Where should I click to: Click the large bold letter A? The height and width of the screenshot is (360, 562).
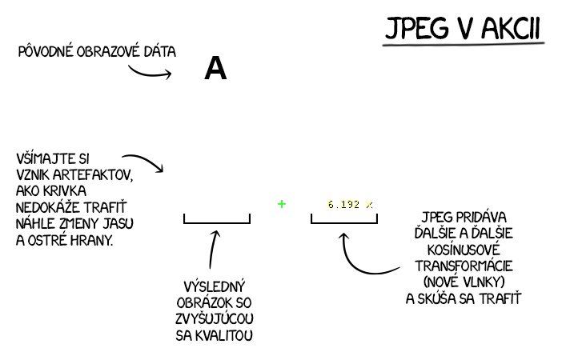[215, 70]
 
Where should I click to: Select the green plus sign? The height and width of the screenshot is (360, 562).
[282, 204]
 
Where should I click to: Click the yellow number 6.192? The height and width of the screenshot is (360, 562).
[344, 205]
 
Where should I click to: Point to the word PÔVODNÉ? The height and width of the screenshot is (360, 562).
[47, 52]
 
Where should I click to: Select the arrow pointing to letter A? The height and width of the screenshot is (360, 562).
[150, 73]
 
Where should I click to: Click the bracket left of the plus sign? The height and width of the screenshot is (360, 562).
[217, 219]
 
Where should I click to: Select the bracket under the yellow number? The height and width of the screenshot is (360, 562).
[344, 219]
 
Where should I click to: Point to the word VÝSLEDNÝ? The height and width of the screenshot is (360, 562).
[214, 286]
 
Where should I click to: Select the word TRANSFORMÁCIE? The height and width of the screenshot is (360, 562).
[464, 266]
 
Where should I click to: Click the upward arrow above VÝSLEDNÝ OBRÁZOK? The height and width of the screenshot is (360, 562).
[213, 248]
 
